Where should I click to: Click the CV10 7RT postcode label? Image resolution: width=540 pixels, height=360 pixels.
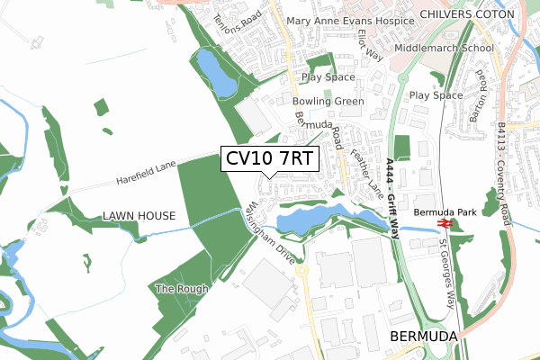pos(269,159)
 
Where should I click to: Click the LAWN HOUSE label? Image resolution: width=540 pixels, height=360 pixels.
pos(144,216)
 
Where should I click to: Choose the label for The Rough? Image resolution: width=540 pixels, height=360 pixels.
pos(182,289)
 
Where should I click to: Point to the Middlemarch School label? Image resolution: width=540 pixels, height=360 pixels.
pos(444,48)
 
